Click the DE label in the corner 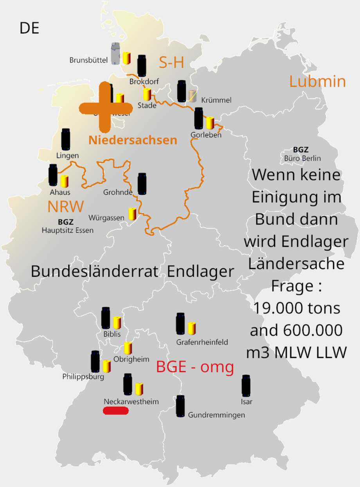pyautogui.click(x=29, y=28)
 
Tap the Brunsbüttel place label pyautogui.click(x=88, y=60)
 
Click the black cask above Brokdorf pyautogui.click(x=142, y=65)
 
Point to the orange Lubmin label pyautogui.click(x=317, y=82)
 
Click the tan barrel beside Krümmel pyautogui.click(x=192, y=96)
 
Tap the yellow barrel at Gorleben pyautogui.click(x=210, y=122)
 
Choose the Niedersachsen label pyautogui.click(x=133, y=140)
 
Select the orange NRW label pyautogui.click(x=66, y=206)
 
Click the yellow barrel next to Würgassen pyautogui.click(x=132, y=214)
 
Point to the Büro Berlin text pyautogui.click(x=302, y=158)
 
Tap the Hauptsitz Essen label pyautogui.click(x=68, y=230)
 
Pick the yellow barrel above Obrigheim pyautogui.click(x=128, y=347)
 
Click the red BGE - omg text pyautogui.click(x=195, y=367)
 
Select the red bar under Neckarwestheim pyautogui.click(x=115, y=411)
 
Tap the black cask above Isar pyautogui.click(x=246, y=385)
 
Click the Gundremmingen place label pyautogui.click(x=216, y=415)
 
